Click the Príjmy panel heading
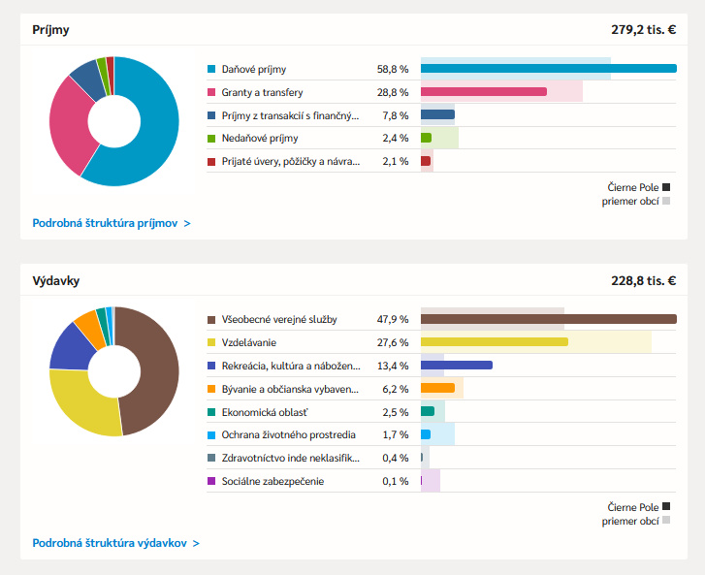point(50,30)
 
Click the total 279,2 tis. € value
point(643,30)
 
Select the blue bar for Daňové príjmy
point(548,69)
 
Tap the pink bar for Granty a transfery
point(484,92)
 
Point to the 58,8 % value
point(393,70)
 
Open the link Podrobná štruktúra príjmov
point(111,223)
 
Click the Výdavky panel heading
point(55,280)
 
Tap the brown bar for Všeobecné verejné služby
point(548,319)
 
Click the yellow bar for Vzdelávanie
point(494,342)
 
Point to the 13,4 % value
point(393,366)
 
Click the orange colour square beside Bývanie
point(211,389)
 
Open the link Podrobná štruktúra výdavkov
point(115,543)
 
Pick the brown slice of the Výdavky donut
point(155,373)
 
